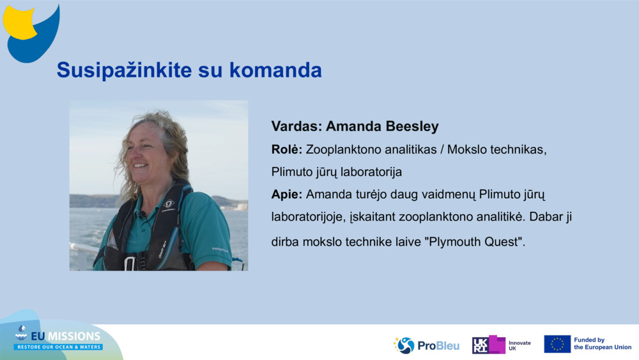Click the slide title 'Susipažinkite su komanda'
point(189,70)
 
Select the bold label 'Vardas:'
point(296,127)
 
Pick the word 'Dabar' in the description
point(535,217)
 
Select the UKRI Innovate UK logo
point(501,345)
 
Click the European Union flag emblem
point(557,344)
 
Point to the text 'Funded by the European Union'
point(602,344)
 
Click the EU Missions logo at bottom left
point(59,339)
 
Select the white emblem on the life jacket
point(168,205)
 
